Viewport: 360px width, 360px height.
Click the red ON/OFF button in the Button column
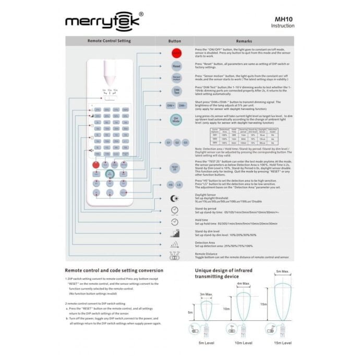[x=176, y=54]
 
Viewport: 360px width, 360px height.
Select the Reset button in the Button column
[x=176, y=66]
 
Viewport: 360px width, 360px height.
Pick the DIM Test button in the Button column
[x=176, y=91]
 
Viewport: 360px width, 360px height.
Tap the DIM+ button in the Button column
[x=171, y=105]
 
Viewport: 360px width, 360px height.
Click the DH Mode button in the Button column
[x=176, y=121]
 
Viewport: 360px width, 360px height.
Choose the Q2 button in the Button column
[x=177, y=142]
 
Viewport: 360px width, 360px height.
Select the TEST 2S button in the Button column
[x=176, y=167]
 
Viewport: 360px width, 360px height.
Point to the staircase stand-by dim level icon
[x=175, y=233]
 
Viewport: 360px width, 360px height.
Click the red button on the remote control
[x=97, y=165]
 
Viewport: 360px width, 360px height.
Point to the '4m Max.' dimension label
[x=243, y=284]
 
